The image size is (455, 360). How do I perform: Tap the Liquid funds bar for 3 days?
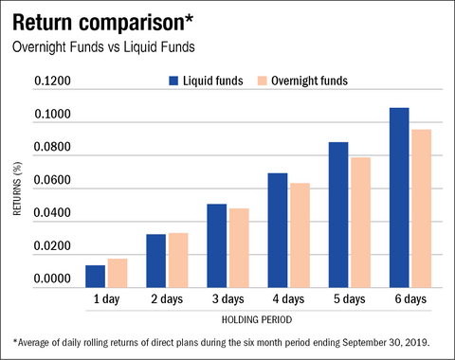(x=217, y=245)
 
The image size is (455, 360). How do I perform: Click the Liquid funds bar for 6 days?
(x=399, y=197)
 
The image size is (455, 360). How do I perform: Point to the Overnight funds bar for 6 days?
(x=421, y=207)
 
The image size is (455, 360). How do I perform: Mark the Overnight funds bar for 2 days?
(x=177, y=260)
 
